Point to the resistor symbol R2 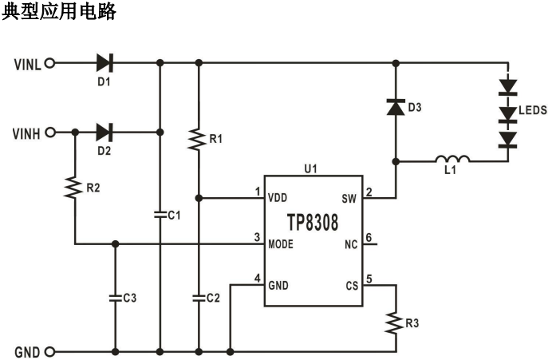click(73, 188)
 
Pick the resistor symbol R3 click(395, 323)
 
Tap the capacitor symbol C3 click(116, 297)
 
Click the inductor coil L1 click(452, 160)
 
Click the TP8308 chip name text click(313, 220)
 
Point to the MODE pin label click(282, 243)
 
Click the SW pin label click(348, 197)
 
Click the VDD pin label click(278, 197)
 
